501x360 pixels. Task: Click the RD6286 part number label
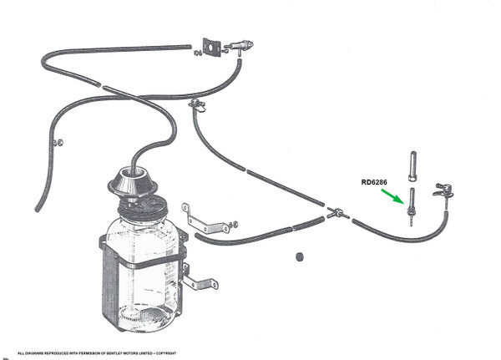(x=375, y=182)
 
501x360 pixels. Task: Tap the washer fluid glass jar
(x=141, y=268)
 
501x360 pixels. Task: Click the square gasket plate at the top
(x=212, y=47)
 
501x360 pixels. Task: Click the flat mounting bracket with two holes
(x=208, y=221)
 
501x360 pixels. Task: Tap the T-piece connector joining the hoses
(x=336, y=213)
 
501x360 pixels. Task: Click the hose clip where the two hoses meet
(x=197, y=104)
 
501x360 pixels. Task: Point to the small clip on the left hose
(x=58, y=142)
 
